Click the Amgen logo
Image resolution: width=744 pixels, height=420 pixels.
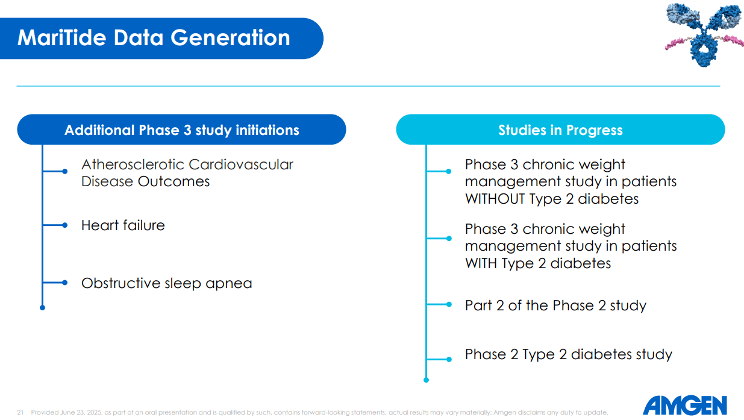tap(684, 405)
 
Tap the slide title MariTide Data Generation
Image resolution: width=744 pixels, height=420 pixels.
tap(154, 37)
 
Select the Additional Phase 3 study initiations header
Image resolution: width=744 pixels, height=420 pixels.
tap(181, 130)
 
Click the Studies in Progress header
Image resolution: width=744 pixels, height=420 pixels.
tap(560, 130)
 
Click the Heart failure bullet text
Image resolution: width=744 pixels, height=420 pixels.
tap(123, 225)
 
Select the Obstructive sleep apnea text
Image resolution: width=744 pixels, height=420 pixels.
tap(166, 283)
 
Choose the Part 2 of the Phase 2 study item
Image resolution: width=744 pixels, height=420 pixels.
tap(555, 306)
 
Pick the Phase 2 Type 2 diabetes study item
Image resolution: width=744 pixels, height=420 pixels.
tap(568, 354)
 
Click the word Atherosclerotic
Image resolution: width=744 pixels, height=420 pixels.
tap(133, 165)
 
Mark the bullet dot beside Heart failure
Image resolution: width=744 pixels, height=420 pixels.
tap(65, 225)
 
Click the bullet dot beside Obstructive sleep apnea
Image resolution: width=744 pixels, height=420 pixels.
tap(65, 283)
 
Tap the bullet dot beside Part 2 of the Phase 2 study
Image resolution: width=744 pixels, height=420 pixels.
tap(449, 305)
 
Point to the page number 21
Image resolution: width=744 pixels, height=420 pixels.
tap(20, 413)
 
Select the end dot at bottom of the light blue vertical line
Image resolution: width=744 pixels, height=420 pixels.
tap(426, 380)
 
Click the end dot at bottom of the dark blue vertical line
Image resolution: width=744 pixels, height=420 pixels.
tap(42, 308)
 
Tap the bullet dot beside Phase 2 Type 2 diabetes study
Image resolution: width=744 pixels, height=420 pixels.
tap(449, 359)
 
